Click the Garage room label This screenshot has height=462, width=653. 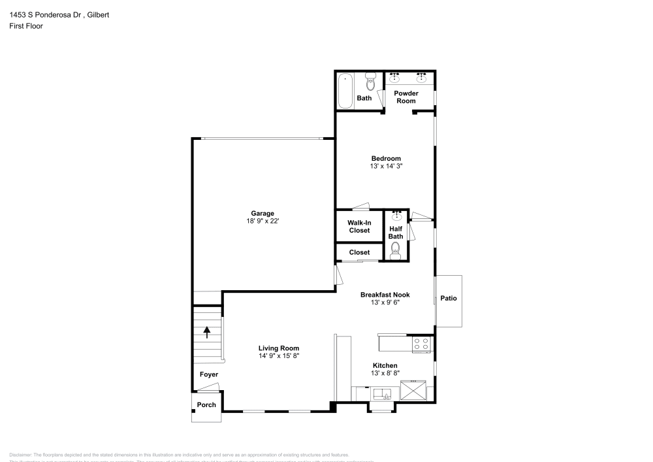tap(263, 213)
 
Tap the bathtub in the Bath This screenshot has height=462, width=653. tap(345, 91)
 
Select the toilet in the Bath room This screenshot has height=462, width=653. tap(370, 82)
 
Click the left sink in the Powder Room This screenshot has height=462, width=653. tap(394, 78)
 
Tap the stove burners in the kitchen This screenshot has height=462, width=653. tap(422, 344)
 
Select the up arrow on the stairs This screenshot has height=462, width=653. tap(207, 331)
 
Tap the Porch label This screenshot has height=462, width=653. tap(206, 405)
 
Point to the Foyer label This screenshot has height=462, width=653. tap(209, 374)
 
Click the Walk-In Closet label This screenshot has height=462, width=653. tap(358, 227)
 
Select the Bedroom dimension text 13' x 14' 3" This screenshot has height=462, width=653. tap(386, 167)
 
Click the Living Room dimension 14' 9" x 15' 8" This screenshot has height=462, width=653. tap(279, 356)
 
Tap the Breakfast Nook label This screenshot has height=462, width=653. tap(385, 295)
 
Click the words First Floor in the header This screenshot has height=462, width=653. tap(26, 26)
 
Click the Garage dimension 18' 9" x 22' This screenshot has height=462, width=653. tap(263, 222)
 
